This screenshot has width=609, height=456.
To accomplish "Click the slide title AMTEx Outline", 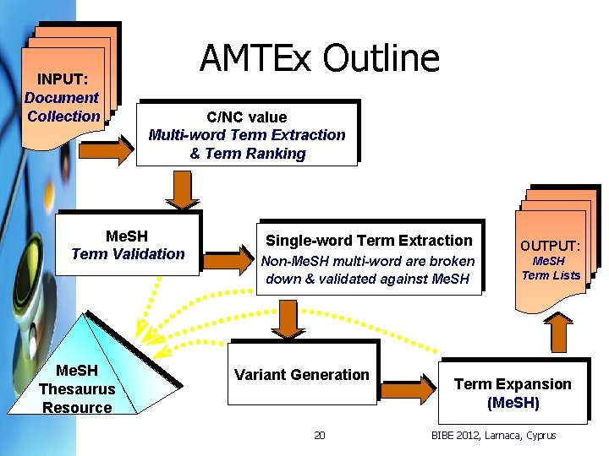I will click(x=320, y=58).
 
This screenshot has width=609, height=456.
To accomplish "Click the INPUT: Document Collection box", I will click(x=63, y=98).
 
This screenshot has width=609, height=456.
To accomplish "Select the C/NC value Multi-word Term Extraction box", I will click(x=247, y=135).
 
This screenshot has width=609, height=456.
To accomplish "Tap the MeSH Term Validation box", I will click(x=128, y=245).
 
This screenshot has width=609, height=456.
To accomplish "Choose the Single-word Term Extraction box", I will click(x=369, y=258).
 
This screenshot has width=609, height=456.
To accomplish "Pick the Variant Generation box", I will click(x=302, y=375).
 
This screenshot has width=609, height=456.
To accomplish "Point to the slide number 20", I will click(x=319, y=436).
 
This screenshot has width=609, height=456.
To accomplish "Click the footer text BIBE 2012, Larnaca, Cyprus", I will click(x=494, y=436).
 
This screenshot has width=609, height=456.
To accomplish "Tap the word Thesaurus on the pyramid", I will click(x=77, y=388).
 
